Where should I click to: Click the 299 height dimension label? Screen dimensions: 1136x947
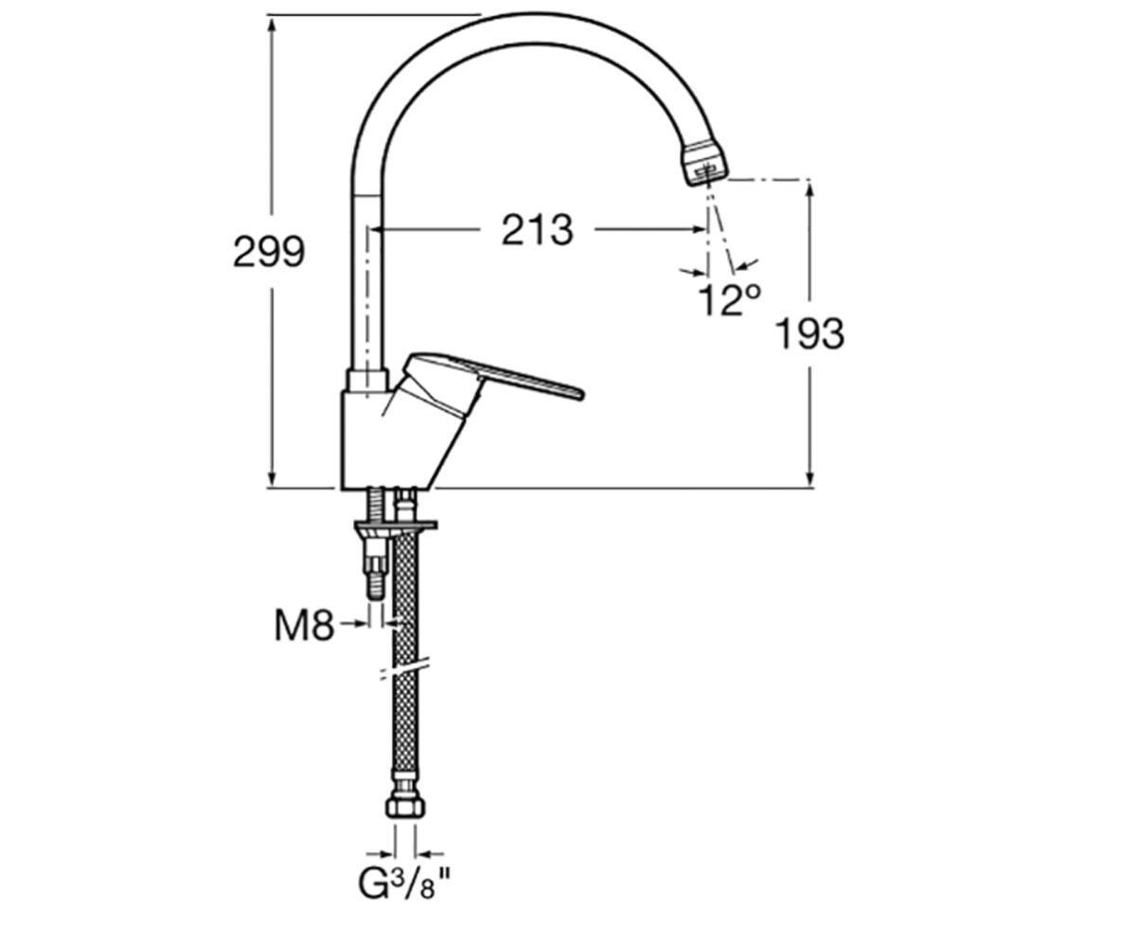[x=269, y=252]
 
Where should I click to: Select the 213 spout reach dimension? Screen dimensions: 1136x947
[x=537, y=229]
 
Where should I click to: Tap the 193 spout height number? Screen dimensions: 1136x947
[x=809, y=333]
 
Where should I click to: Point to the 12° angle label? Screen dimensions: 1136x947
[x=729, y=300]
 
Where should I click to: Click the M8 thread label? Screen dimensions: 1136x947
[x=304, y=626]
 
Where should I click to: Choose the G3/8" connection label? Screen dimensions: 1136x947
[x=405, y=885]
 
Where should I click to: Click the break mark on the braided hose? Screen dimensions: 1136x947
[x=404, y=670]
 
